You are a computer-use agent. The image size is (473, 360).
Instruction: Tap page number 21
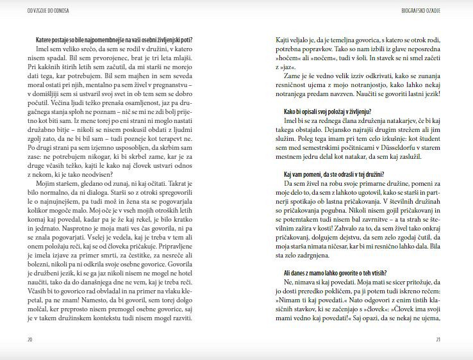(x=438, y=340)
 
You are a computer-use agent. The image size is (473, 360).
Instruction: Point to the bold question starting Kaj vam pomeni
(x=333, y=174)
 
